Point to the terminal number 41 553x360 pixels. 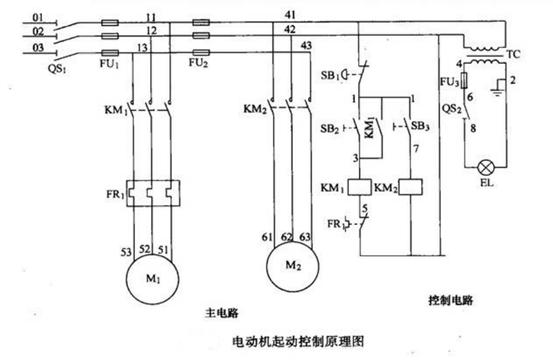[x=290, y=15]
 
